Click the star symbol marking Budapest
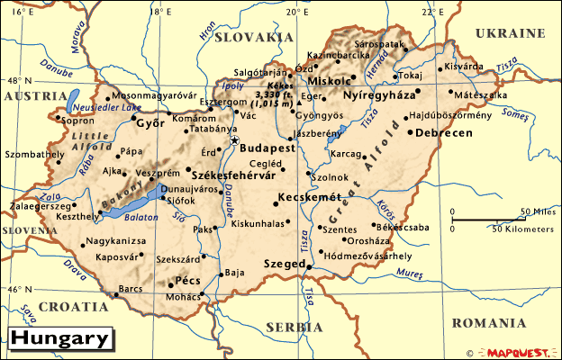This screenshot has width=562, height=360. (x=234, y=140)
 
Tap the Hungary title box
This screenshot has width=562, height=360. (x=61, y=339)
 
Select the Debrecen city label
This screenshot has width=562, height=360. (x=444, y=132)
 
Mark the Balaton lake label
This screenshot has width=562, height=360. (x=141, y=216)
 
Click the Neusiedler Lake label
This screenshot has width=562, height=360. (x=89, y=107)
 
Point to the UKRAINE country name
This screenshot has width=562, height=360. (x=511, y=33)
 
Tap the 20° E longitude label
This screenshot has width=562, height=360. (x=295, y=11)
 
